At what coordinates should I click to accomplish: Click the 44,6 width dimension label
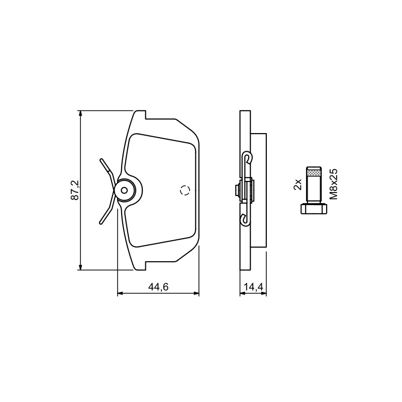[x=158, y=287]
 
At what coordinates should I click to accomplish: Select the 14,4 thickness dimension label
[x=254, y=287]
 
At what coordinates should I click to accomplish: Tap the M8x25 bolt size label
[x=334, y=184]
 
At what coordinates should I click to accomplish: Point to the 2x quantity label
[x=297, y=184]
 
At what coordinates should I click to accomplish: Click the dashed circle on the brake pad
[x=185, y=190]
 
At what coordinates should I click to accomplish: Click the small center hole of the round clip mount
[x=124, y=190]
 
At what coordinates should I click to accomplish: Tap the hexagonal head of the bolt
[x=314, y=209]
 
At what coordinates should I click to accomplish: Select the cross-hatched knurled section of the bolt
[x=314, y=173]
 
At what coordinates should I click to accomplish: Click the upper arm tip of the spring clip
[x=102, y=160]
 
